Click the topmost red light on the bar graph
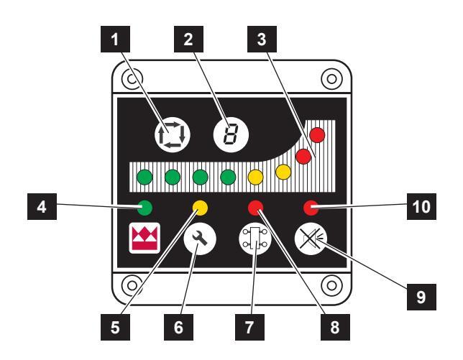317,134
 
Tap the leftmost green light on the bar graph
144,175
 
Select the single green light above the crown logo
144,208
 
